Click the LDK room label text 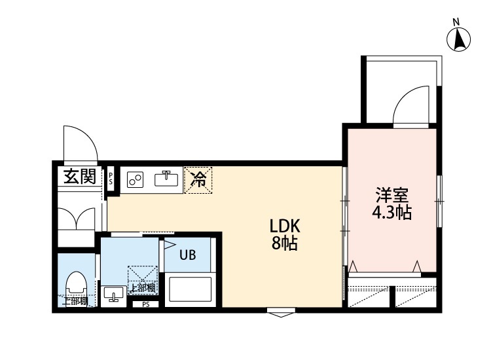click(285, 226)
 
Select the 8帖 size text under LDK click(285, 245)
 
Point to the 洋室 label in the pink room click(392, 196)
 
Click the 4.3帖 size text click(392, 213)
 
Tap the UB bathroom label click(188, 255)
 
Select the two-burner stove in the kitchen click(136, 179)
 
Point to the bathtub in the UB click(191, 289)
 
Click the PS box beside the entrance click(111, 178)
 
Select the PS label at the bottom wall click(145, 304)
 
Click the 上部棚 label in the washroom click(142, 287)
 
